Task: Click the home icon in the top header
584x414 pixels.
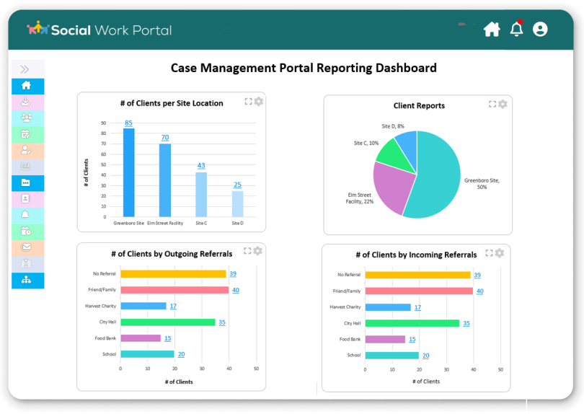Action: pos(492,30)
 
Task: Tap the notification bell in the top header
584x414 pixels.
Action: pos(516,30)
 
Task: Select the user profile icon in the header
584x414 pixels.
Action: pos(540,30)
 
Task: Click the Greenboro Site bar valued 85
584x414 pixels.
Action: pos(128,172)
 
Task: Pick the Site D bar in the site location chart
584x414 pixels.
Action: pos(237,203)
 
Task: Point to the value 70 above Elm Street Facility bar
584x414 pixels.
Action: pos(164,138)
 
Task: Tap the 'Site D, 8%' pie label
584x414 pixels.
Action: pos(393,126)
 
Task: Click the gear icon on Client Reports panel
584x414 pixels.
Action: pos(503,104)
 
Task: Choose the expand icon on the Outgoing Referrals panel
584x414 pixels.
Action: pos(247,251)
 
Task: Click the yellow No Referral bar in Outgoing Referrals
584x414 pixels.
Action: pos(173,274)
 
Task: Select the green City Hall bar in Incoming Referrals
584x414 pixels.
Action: pos(412,323)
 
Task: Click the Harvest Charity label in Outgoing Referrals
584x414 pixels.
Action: pos(100,306)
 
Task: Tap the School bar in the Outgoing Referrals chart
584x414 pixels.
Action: pos(147,354)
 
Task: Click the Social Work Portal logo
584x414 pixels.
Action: pos(99,30)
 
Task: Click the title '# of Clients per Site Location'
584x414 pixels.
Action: pos(172,103)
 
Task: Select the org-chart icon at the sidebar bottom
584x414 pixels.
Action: pos(27,281)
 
